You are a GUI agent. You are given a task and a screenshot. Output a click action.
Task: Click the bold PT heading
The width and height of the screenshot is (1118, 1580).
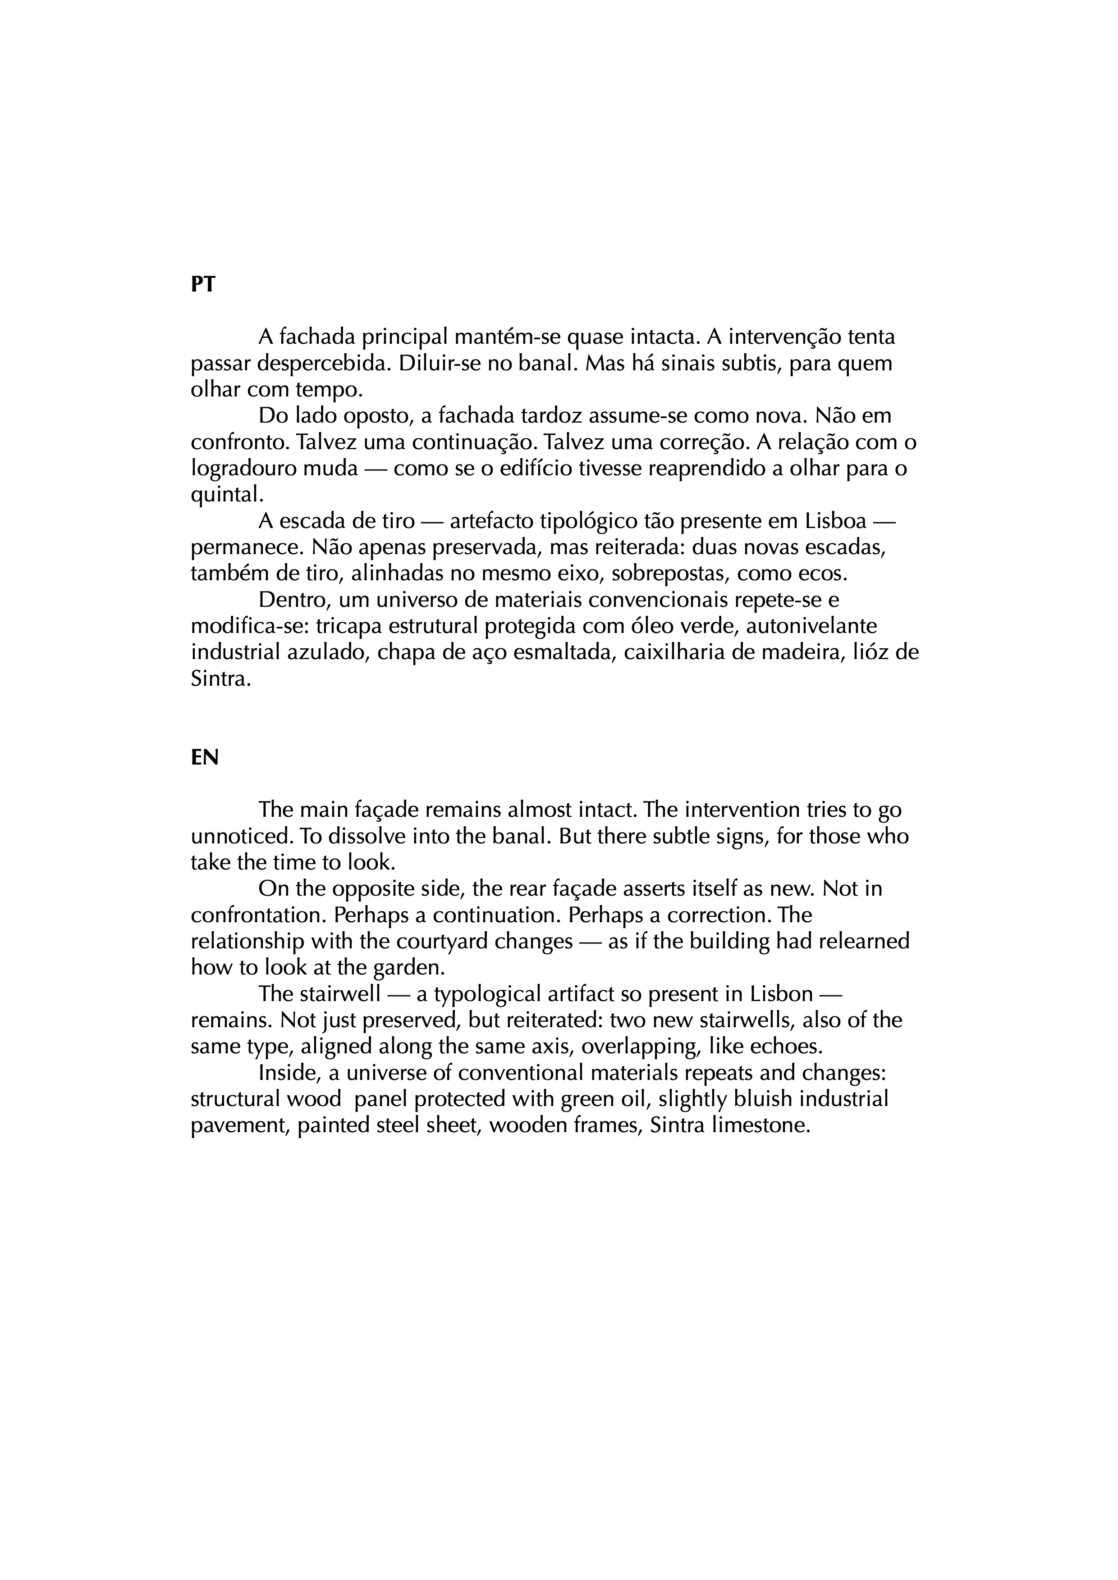tap(202, 284)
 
